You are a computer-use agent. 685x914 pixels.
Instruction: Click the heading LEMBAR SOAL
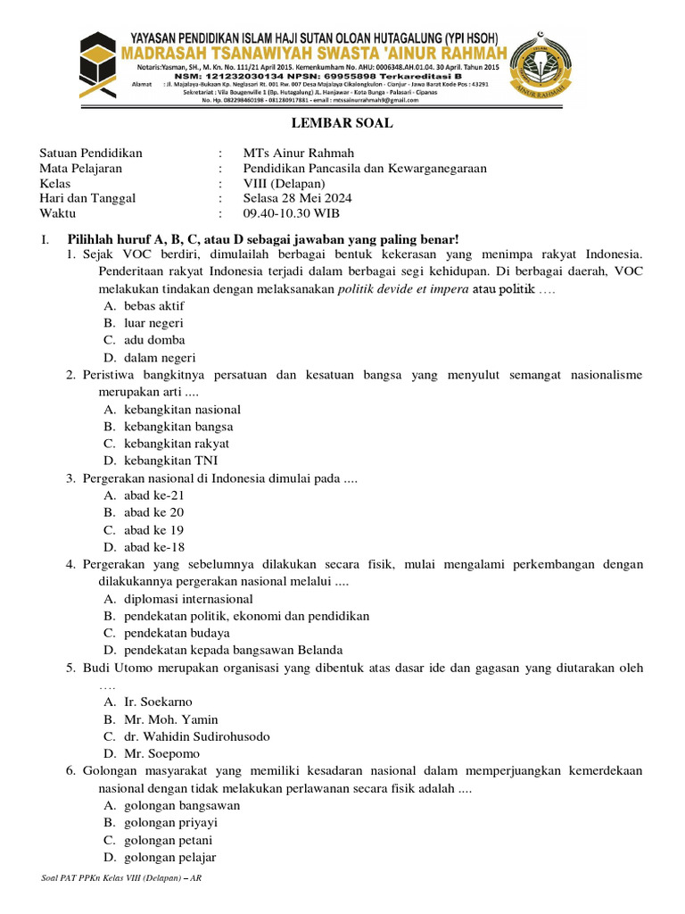[x=342, y=123]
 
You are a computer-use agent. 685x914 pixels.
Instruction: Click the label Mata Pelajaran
[x=81, y=168]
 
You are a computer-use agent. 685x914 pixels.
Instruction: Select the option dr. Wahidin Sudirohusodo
[x=196, y=736]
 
